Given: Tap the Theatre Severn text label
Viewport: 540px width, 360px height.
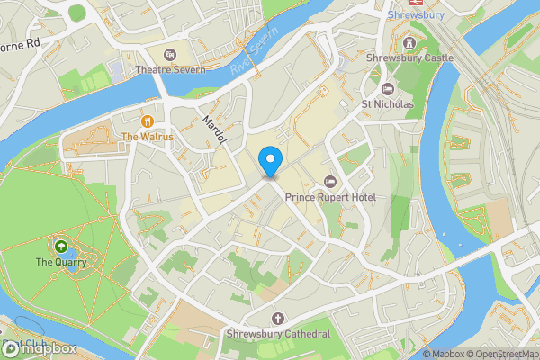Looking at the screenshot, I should tap(171, 69).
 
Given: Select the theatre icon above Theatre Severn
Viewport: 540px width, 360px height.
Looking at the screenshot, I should tap(171, 54).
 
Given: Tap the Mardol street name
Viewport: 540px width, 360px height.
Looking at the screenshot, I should tap(212, 132).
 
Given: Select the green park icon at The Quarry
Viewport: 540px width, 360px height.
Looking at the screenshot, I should tap(60, 246).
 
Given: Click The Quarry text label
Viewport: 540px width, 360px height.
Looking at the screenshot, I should tap(60, 262).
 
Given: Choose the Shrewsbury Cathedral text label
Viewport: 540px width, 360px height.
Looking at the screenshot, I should tap(277, 334).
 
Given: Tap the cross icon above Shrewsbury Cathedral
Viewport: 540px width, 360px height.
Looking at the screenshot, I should tap(277, 319).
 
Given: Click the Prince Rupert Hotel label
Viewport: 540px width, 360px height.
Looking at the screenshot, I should tap(328, 197).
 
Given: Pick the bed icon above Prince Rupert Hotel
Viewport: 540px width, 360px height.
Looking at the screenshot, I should tap(329, 182).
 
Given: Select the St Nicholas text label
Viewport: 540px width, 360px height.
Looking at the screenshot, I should tap(388, 104).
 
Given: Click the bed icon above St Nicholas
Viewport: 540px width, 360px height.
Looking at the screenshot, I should tap(388, 88).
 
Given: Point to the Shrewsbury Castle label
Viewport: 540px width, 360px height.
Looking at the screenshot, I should tap(410, 58).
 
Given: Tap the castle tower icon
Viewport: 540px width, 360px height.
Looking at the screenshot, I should tap(410, 42).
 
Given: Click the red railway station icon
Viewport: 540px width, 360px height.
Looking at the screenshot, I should tap(416, 3).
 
